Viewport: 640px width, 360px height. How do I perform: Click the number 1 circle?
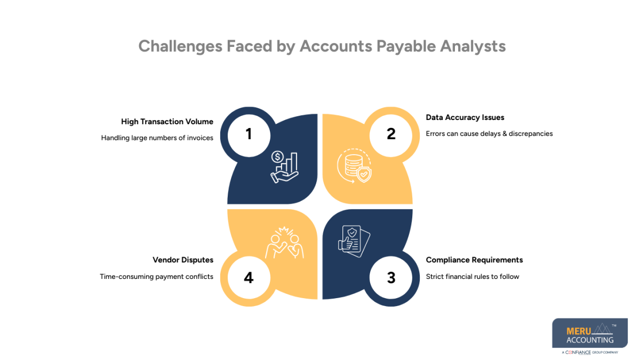249,134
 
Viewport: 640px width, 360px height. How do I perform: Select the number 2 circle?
391,134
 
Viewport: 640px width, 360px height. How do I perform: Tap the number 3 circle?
391,277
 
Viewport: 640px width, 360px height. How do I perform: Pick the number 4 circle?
249,277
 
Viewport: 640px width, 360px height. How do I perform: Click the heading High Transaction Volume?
167,122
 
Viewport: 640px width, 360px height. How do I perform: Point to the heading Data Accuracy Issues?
465,117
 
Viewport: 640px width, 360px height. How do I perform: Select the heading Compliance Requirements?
474,260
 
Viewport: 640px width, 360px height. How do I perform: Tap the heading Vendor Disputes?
183,260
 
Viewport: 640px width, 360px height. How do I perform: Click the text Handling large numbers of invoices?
157,138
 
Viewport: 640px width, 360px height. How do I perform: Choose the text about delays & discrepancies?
489,134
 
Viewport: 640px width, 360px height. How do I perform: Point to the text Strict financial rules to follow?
472,277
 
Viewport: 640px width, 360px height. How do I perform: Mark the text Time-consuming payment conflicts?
156,277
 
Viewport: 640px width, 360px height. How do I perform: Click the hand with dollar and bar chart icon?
284,166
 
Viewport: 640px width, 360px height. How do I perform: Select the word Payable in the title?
406,46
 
